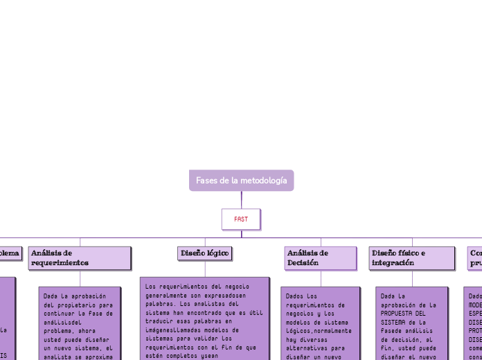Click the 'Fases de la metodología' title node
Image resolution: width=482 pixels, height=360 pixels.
coord(241,181)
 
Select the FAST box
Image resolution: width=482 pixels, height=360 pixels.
coord(241,219)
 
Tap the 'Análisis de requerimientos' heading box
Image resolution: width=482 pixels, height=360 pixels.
coord(80,258)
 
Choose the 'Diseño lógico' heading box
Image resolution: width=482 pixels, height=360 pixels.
coord(204,254)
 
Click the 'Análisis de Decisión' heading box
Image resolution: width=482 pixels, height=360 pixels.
coord(320,258)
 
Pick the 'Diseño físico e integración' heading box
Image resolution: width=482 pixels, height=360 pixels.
coord(411,258)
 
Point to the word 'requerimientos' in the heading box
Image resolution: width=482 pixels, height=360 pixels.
coord(60,263)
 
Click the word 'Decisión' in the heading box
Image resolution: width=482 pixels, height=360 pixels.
coord(303,263)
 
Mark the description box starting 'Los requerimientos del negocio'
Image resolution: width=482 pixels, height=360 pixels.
coord(204,318)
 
